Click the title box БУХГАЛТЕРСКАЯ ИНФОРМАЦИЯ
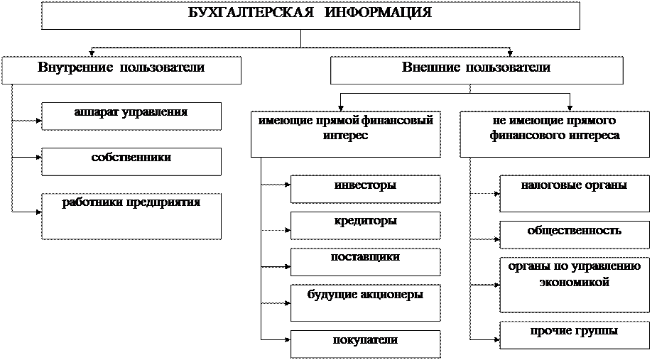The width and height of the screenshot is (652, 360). (x=310, y=15)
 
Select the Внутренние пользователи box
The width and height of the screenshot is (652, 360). (x=121, y=70)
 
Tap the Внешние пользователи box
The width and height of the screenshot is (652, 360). (x=477, y=70)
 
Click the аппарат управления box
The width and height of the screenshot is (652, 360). (x=131, y=116)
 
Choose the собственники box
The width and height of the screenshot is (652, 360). (x=131, y=161)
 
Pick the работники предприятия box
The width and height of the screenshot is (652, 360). (x=131, y=216)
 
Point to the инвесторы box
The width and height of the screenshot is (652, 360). (x=366, y=189)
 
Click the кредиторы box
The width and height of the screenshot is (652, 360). (x=366, y=226)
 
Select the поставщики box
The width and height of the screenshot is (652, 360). (x=366, y=262)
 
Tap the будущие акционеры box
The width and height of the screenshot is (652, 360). (x=366, y=303)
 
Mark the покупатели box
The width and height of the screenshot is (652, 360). (x=366, y=344)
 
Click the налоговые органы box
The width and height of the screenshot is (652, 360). (x=575, y=194)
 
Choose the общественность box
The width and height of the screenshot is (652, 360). (x=575, y=235)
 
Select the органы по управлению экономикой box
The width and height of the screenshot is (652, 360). (x=575, y=285)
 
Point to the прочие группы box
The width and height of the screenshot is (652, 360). (x=575, y=335)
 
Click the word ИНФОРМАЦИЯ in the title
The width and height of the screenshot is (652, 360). (x=378, y=13)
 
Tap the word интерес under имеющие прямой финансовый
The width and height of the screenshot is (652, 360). (x=346, y=136)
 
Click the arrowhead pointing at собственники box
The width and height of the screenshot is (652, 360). (x=39, y=158)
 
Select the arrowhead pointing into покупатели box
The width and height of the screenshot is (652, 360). (x=288, y=339)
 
